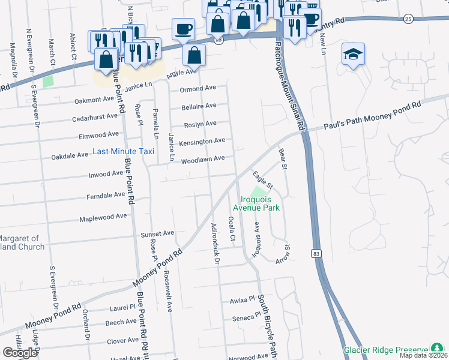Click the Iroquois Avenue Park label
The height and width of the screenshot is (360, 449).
pyautogui.click(x=258, y=203)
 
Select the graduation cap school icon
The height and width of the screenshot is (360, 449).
pyautogui.click(x=353, y=55)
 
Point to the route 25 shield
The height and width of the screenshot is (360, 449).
pyautogui.click(x=408, y=19)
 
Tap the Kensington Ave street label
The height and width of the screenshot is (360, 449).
pyautogui.click(x=202, y=141)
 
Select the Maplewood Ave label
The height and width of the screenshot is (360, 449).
pyautogui.click(x=103, y=217)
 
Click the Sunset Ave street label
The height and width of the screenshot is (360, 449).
pyautogui.click(x=157, y=233)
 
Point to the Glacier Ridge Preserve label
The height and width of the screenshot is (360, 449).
pyautogui.click(x=386, y=349)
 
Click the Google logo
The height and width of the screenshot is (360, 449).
pyautogui.click(x=20, y=352)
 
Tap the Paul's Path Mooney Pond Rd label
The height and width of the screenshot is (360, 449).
pyautogui.click(x=372, y=114)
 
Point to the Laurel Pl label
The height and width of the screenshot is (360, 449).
pyautogui.click(x=124, y=307)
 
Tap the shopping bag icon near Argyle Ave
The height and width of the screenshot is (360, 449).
pyautogui.click(x=194, y=56)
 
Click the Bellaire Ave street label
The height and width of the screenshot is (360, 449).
pyautogui.click(x=199, y=106)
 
